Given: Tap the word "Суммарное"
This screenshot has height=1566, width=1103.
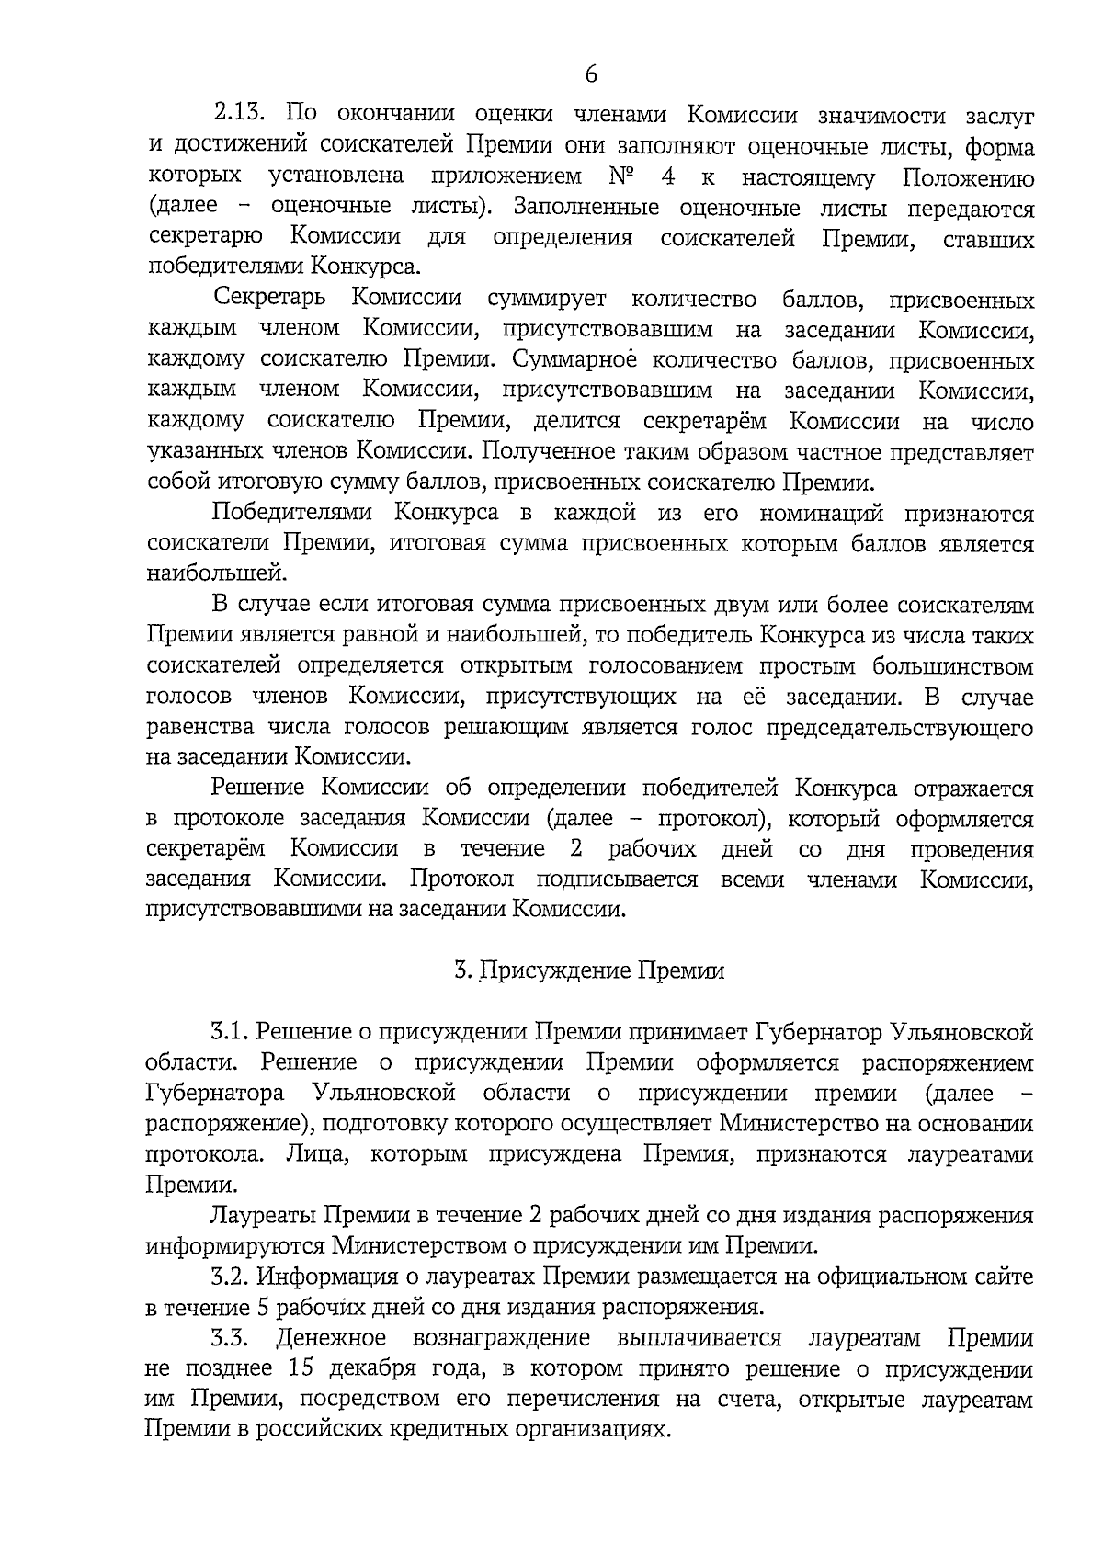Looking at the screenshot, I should click(562, 360).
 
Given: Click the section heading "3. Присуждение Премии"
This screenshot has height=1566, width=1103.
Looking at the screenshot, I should click(589, 970).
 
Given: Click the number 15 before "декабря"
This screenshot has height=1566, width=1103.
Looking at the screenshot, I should click(302, 1368).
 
